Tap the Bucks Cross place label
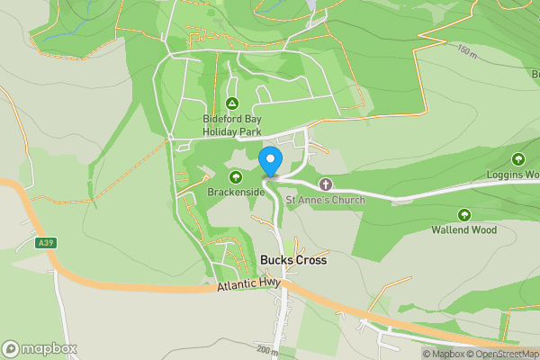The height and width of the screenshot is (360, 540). pos(292,260)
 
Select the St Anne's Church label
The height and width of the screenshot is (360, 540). pos(325,200)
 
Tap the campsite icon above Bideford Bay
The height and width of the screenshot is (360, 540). pos(232,103)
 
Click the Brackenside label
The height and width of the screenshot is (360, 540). pos(236,193)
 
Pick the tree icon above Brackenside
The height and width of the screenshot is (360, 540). pos(236,177)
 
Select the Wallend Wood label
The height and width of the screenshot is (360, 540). pos(464,229)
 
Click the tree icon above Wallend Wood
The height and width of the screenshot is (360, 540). pos(464,214)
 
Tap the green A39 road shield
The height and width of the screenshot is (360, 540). pos(46,243)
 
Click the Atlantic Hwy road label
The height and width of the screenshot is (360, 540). pos(249,286)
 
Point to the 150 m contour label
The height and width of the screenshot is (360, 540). pos(465,50)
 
